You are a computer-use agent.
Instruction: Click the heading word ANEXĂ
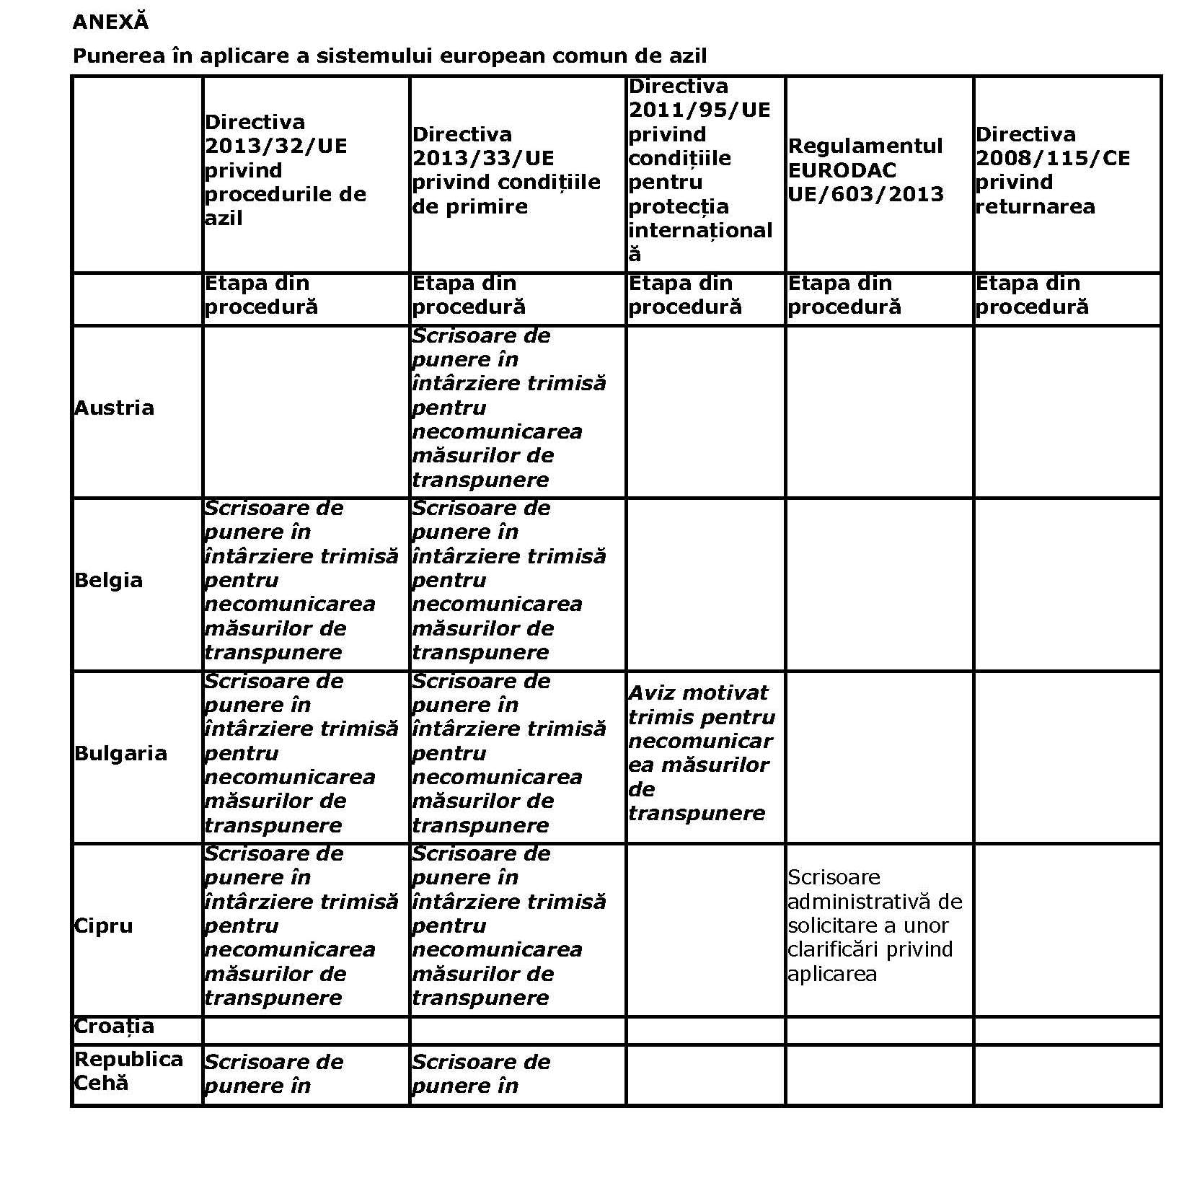(x=110, y=22)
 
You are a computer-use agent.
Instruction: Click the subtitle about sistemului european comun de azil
(x=389, y=56)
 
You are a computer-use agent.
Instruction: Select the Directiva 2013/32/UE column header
(x=285, y=170)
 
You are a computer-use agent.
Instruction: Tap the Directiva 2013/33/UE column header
(x=506, y=170)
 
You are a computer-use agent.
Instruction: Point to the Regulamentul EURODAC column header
(x=865, y=170)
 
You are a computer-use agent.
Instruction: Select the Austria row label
(x=114, y=408)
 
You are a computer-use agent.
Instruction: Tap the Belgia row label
(x=108, y=580)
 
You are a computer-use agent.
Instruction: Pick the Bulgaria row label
(x=120, y=753)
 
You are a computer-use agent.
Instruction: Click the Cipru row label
(x=103, y=926)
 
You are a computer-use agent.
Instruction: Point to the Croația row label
(x=113, y=1026)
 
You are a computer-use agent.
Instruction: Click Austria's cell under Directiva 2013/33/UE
(x=508, y=408)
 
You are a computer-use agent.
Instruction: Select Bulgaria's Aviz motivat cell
(x=701, y=752)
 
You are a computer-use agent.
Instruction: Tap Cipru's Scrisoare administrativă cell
(x=874, y=926)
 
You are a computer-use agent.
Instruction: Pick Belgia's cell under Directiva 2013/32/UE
(x=301, y=580)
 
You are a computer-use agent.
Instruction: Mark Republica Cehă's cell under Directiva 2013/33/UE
(x=480, y=1073)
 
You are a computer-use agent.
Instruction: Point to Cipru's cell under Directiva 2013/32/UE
(x=301, y=926)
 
